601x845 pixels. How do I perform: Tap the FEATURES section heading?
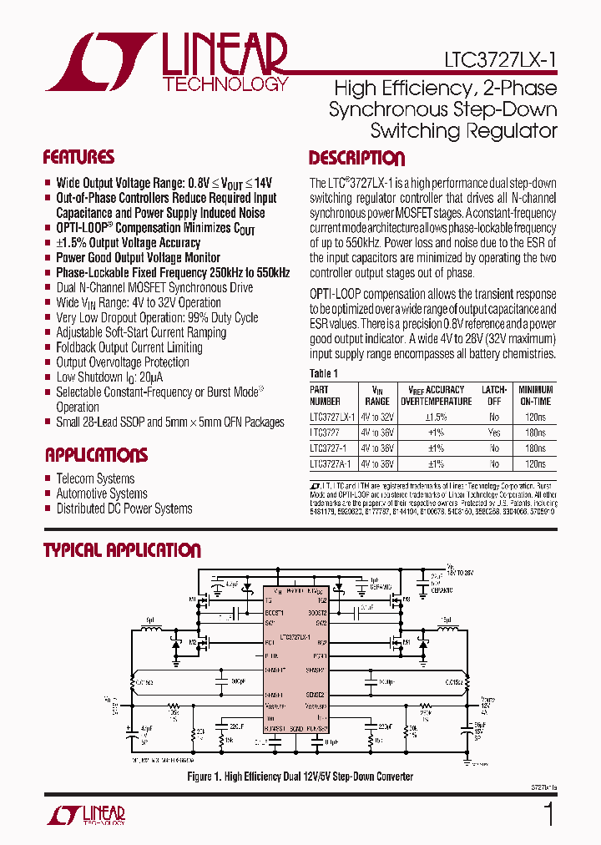78,158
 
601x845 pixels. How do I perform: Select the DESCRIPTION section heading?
356,159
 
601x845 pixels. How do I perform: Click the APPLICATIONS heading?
96,455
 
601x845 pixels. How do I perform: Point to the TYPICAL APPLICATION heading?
122,550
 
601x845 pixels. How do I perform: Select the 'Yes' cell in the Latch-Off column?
493,433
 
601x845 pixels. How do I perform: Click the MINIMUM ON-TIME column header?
535,394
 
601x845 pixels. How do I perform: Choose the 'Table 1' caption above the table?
324,374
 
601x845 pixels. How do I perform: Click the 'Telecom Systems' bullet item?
95,478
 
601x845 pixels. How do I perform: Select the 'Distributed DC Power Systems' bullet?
124,509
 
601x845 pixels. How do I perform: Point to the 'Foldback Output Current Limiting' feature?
129,347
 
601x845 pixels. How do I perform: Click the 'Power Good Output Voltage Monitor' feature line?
138,258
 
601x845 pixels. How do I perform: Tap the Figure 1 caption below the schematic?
300,777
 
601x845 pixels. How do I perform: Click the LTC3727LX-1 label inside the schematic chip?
295,637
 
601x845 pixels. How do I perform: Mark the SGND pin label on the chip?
295,729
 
